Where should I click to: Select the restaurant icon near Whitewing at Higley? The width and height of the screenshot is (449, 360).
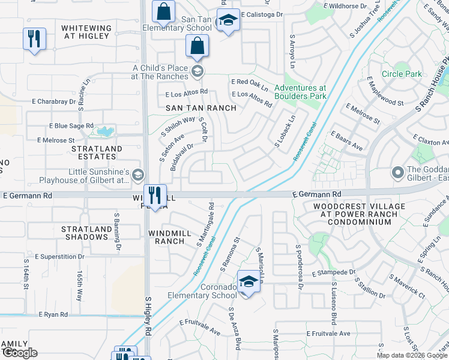click(x=34, y=40)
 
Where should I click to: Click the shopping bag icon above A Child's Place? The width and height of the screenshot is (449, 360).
click(x=197, y=46)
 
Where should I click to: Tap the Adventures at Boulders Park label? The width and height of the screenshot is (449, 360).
click(x=300, y=92)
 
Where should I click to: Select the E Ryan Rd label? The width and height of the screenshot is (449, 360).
click(x=53, y=314)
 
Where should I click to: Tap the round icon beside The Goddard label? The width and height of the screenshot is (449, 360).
click(x=397, y=173)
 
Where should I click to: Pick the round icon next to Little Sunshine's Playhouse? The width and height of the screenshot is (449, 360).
click(x=137, y=175)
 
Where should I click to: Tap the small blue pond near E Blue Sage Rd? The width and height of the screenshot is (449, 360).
click(x=106, y=131)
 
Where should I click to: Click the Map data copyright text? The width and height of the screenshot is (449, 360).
click(x=412, y=355)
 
